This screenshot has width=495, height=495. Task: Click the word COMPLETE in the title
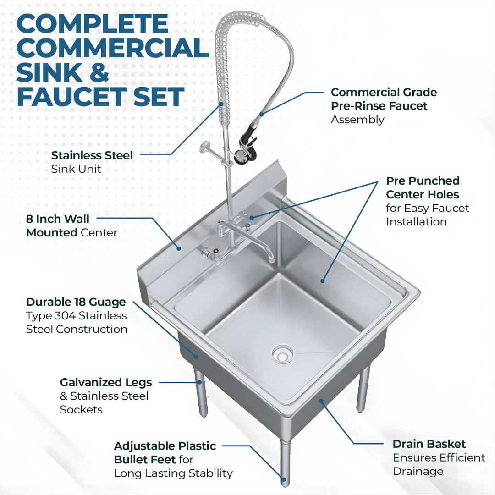tap(93, 24)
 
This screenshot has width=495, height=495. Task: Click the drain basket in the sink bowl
tap(283, 353)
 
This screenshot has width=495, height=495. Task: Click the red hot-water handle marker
tap(216, 251)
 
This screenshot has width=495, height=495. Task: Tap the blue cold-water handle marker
tap(248, 225)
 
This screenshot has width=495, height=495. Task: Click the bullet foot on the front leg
tap(284, 479)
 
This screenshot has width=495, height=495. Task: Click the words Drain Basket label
tap(429, 444)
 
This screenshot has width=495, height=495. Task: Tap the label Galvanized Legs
tap(106, 383)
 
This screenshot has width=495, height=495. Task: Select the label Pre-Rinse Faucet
tap(379, 106)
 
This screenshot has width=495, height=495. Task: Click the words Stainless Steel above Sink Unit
tap(92, 155)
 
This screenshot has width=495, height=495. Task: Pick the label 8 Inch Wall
tap(57, 219)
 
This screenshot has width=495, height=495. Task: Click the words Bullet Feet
tap(144, 460)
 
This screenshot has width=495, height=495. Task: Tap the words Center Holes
tap(423, 194)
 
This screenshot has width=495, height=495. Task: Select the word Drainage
tap(418, 472)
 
